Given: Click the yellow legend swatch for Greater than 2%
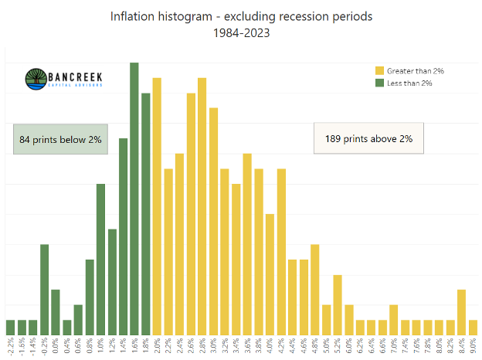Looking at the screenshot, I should (x=378, y=71).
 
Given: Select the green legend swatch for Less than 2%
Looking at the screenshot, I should (x=378, y=82).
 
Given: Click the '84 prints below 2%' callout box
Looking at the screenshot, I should (x=60, y=139).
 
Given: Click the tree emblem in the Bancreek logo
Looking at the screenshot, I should (x=36, y=79).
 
